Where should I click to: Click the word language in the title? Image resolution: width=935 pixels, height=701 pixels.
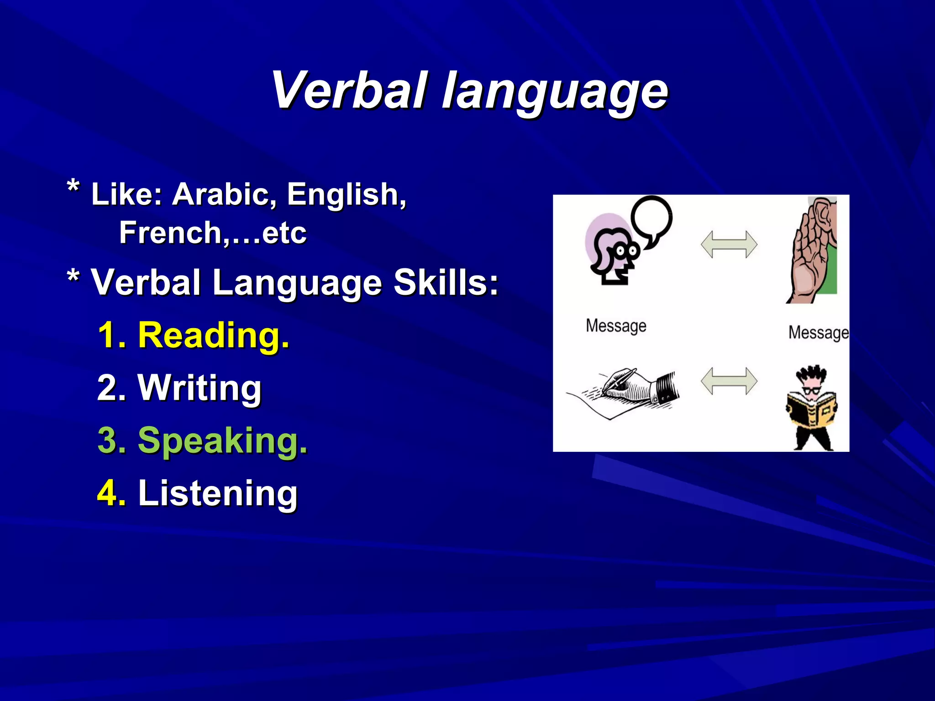pyautogui.click(x=555, y=94)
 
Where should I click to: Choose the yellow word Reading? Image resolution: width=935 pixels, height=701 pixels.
pyautogui.click(x=213, y=335)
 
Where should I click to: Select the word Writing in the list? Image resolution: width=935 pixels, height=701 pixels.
pyautogui.click(x=200, y=388)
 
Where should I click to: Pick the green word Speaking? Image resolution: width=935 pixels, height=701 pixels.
pyautogui.click(x=222, y=441)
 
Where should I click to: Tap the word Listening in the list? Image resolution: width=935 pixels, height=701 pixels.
pyautogui.click(x=218, y=493)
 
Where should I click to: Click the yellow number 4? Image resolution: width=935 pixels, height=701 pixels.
pyautogui.click(x=111, y=493)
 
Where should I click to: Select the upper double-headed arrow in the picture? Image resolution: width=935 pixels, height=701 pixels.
pyautogui.click(x=729, y=244)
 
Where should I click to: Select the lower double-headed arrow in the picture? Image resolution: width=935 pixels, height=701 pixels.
pyautogui.click(x=729, y=381)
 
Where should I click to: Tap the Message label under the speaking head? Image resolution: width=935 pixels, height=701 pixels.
pyautogui.click(x=616, y=326)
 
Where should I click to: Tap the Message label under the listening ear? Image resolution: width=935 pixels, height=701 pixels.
pyautogui.click(x=818, y=332)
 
